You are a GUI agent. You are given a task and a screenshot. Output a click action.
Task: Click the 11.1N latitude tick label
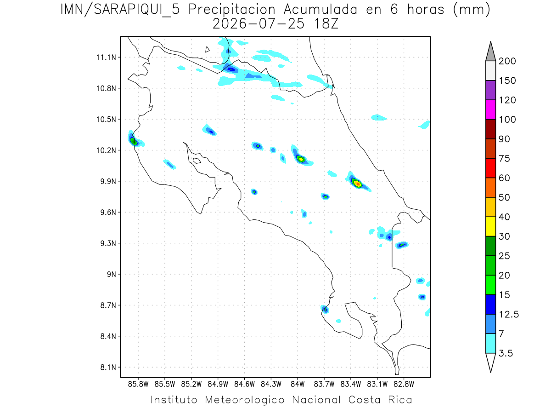coord(106,57)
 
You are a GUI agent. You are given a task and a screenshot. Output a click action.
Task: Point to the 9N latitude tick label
coord(112,274)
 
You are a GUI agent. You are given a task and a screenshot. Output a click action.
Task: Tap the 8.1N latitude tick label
coord(108,367)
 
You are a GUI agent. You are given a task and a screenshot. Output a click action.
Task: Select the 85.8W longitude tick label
coord(138,385)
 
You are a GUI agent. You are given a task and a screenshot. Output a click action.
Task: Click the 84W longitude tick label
coord(298,385)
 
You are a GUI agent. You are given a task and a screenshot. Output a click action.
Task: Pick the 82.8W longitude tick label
coord(404,385)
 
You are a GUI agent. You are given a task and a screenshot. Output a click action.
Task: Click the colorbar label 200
coord(507,61)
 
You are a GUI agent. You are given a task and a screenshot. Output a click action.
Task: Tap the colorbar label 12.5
coord(509,315)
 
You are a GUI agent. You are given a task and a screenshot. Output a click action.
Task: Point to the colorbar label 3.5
coord(506,353)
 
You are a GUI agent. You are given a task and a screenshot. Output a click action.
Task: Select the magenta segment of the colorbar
coord(490,109)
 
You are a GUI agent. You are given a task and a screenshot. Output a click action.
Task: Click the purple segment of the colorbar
coord(490,90)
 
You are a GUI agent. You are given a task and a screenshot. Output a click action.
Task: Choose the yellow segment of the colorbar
coord(490,226)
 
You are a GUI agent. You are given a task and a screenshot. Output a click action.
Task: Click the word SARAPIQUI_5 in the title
coord(137,10)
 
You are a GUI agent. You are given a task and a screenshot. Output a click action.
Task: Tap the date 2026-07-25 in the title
coord(259,24)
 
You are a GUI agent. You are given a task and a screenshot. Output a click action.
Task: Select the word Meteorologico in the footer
coord(244,400)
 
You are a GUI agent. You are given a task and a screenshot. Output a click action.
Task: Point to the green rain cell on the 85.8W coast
coord(134,141)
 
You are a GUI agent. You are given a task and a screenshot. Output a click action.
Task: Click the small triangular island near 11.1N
coord(207,50)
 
